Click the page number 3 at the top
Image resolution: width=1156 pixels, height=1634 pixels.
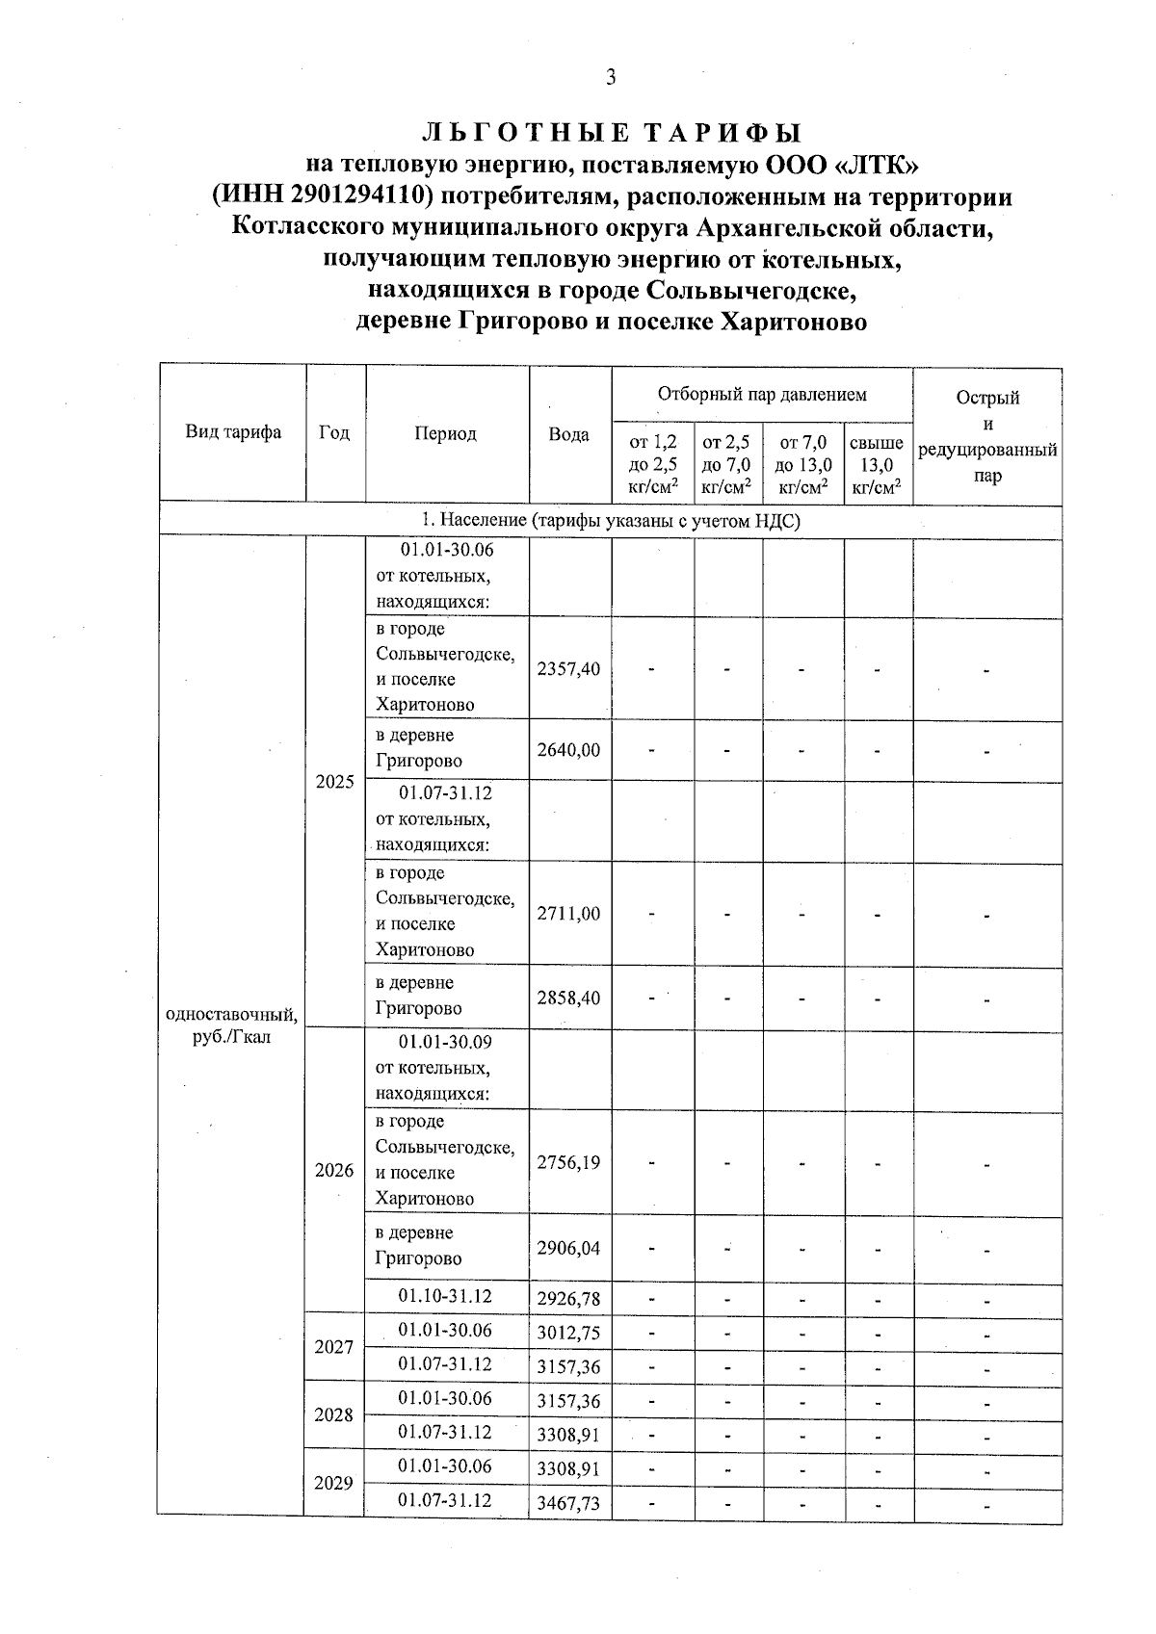click(x=610, y=78)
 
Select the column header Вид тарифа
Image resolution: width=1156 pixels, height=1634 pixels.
click(x=233, y=432)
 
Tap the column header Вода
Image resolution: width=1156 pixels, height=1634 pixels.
click(x=568, y=434)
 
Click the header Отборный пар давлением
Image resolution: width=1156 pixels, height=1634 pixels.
click(x=761, y=394)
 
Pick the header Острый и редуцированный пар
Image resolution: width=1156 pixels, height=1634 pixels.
click(x=987, y=436)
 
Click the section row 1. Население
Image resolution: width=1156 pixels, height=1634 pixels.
click(x=611, y=520)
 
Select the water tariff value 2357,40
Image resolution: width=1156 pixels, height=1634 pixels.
click(x=568, y=669)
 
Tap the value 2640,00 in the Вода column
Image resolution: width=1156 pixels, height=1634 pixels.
click(x=568, y=749)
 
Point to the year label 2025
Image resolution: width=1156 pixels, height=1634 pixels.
click(x=334, y=782)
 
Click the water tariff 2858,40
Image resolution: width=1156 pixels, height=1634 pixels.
click(x=568, y=998)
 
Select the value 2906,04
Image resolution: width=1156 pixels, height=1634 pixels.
click(x=568, y=1248)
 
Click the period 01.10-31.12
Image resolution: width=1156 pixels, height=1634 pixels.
click(x=445, y=1296)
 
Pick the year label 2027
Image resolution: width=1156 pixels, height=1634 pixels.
click(x=334, y=1347)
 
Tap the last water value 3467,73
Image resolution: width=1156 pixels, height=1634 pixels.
click(x=568, y=1503)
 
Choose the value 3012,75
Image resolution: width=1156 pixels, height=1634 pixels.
click(x=568, y=1333)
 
